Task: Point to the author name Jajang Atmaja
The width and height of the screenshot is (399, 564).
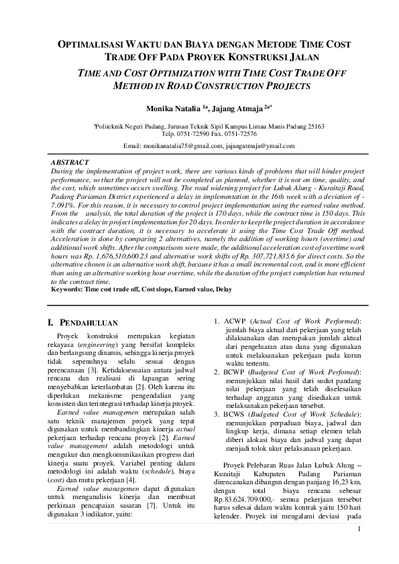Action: tap(235, 107)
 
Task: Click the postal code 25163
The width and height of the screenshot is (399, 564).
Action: tap(314, 126)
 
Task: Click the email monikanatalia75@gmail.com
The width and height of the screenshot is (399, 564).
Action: tap(183, 145)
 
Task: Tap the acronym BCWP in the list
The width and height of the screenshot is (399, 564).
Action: tap(233, 371)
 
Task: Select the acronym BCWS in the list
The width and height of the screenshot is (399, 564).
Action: tap(233, 413)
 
